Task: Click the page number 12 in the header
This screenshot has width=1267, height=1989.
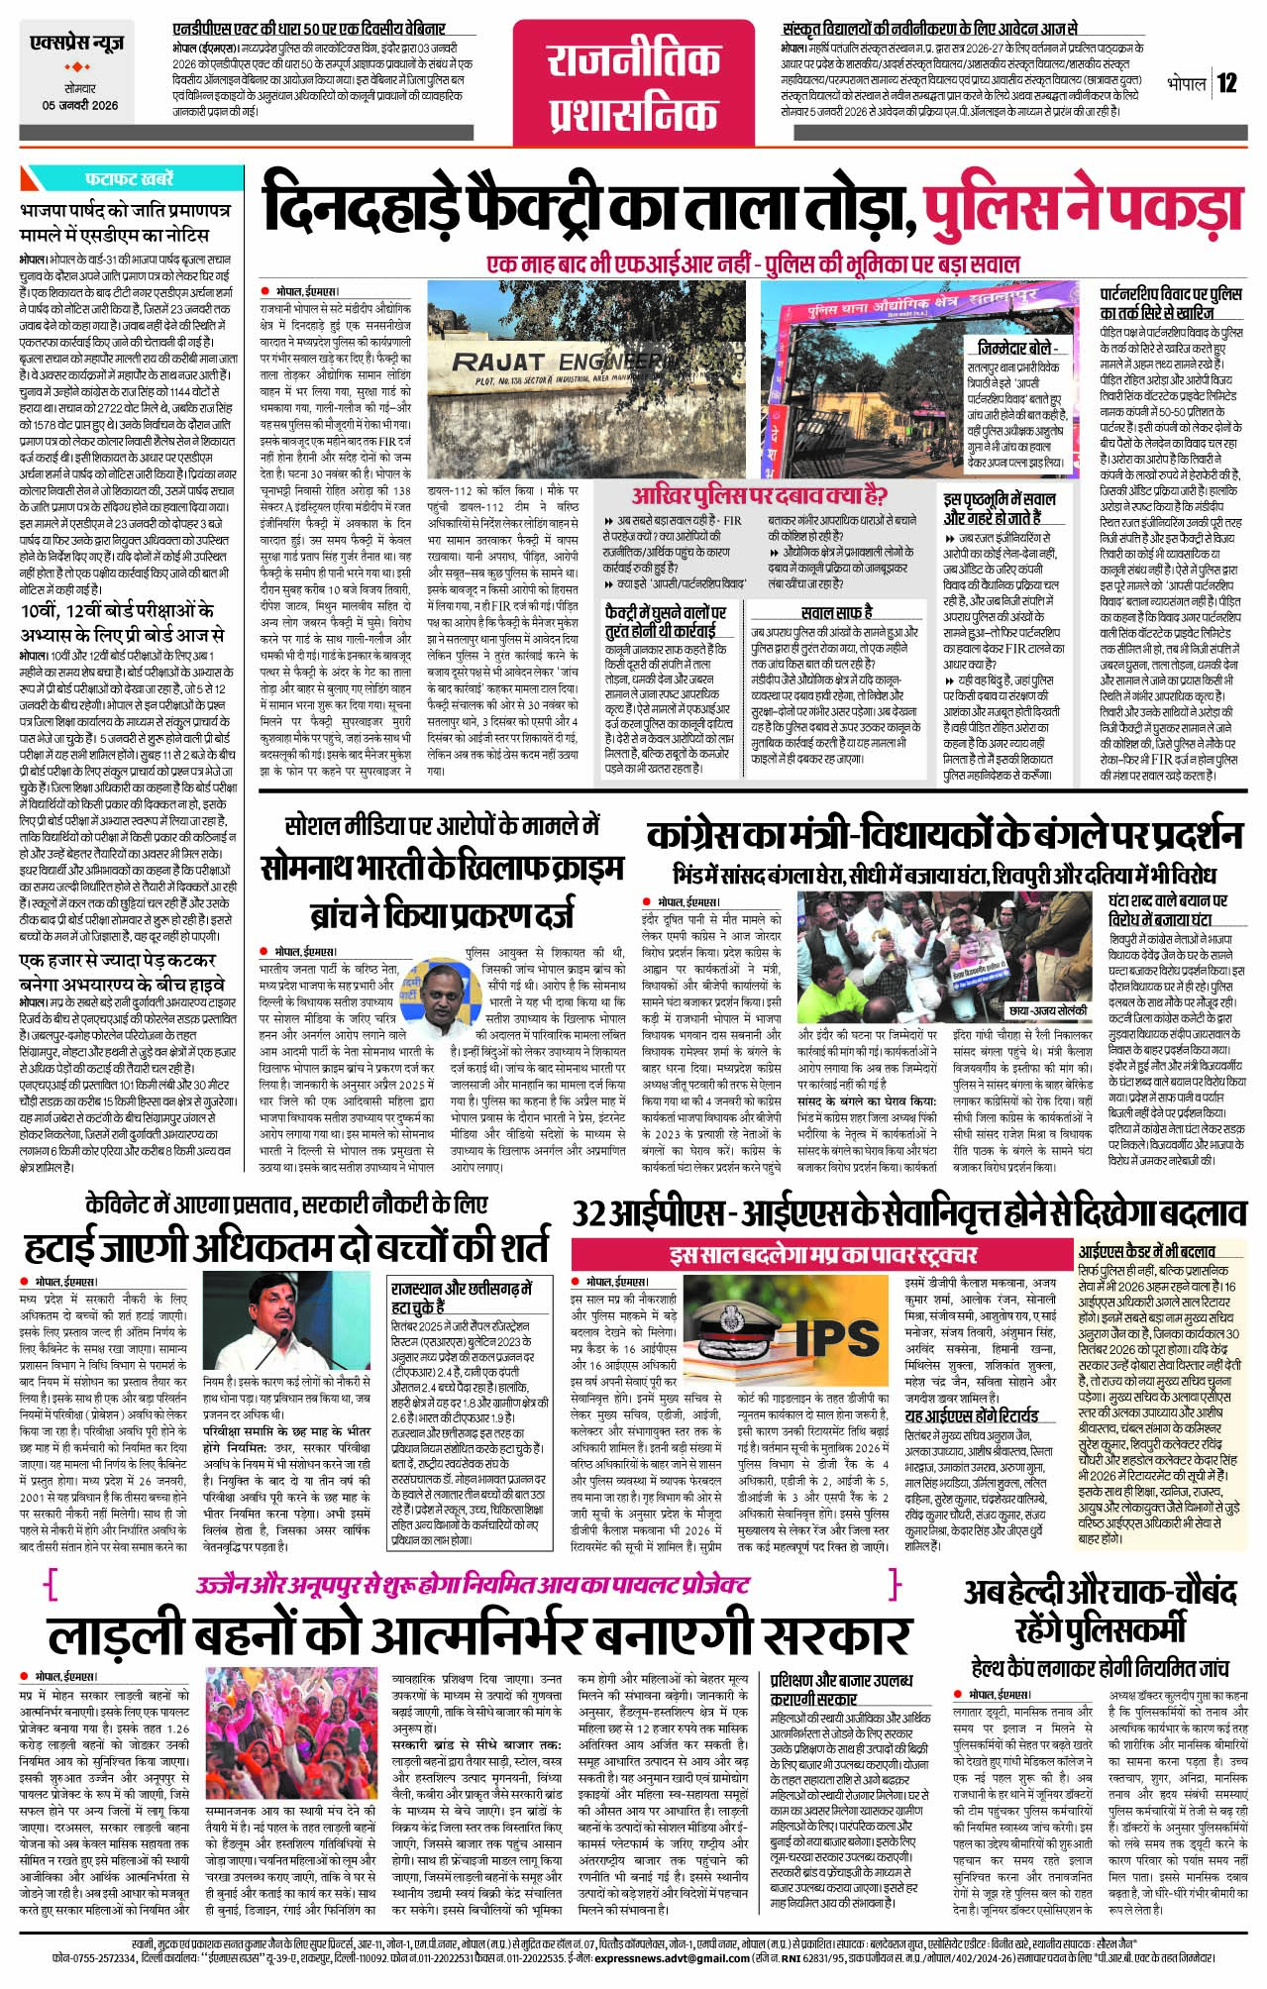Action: [1227, 82]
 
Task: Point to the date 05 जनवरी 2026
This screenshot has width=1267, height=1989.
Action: [79, 105]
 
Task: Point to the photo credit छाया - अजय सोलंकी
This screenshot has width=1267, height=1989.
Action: [1046, 1011]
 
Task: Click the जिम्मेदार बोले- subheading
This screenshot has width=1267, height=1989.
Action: [1016, 349]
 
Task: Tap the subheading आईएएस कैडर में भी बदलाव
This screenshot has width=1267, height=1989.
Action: [1146, 1251]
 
